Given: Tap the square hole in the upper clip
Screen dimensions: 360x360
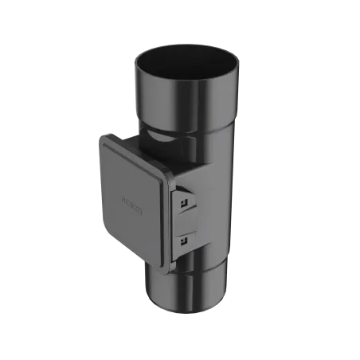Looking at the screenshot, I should pos(184,205).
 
